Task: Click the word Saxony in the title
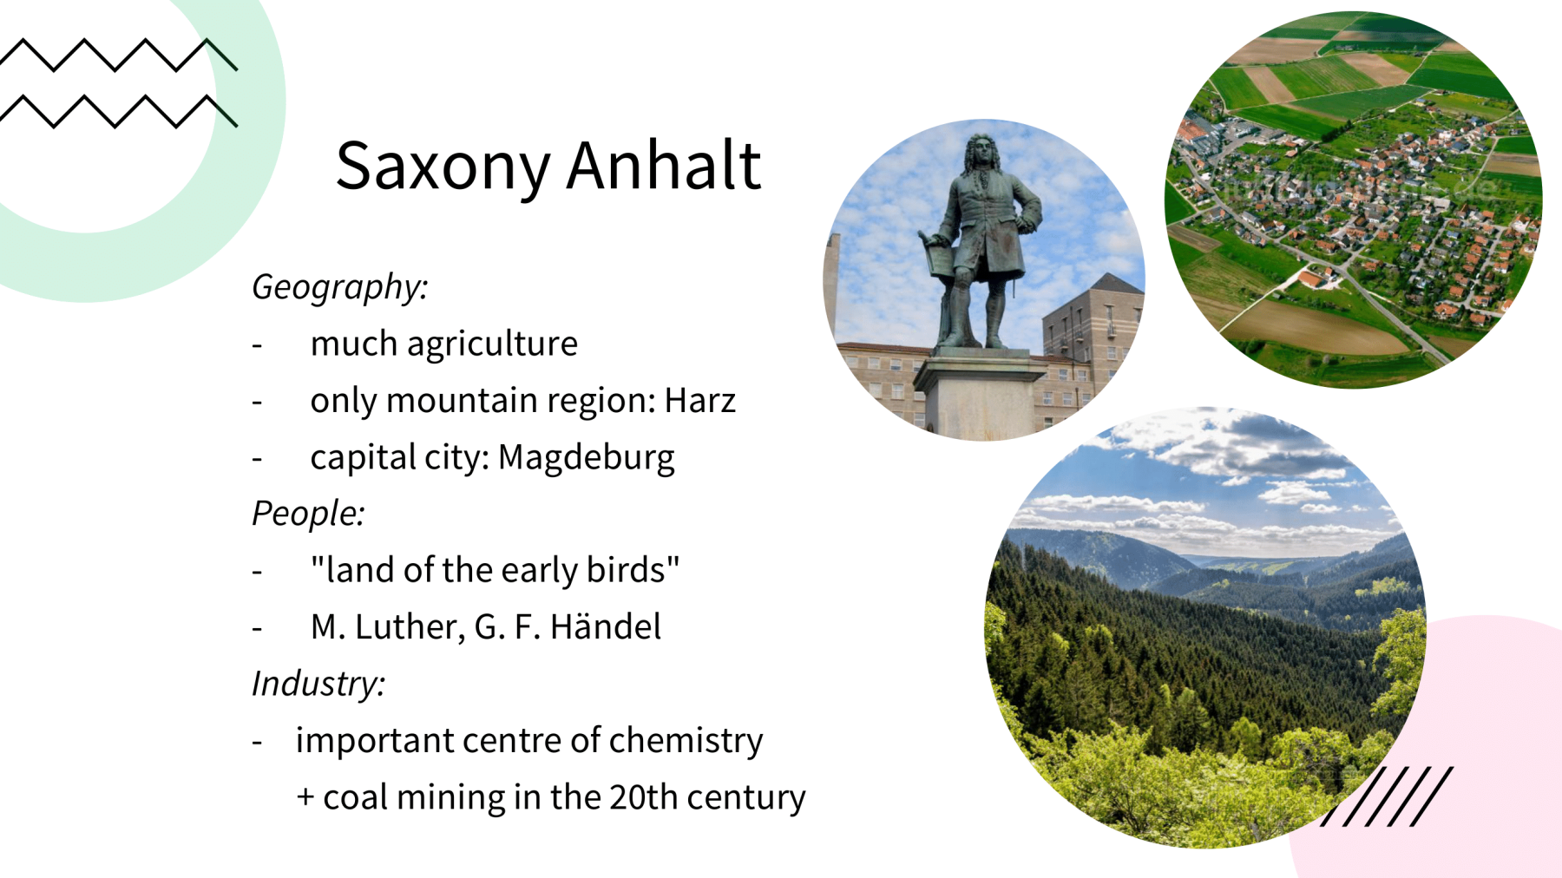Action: click(443, 167)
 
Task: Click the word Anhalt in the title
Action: click(664, 164)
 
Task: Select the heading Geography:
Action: click(339, 287)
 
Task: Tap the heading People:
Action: click(308, 513)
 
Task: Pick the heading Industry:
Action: click(318, 684)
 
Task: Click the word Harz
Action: click(700, 400)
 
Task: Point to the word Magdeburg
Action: click(586, 457)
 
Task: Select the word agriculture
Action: click(492, 344)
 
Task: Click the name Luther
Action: click(410, 627)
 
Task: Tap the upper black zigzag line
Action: click(119, 55)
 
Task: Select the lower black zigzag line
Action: click(119, 112)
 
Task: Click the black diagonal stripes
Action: click(1387, 796)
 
